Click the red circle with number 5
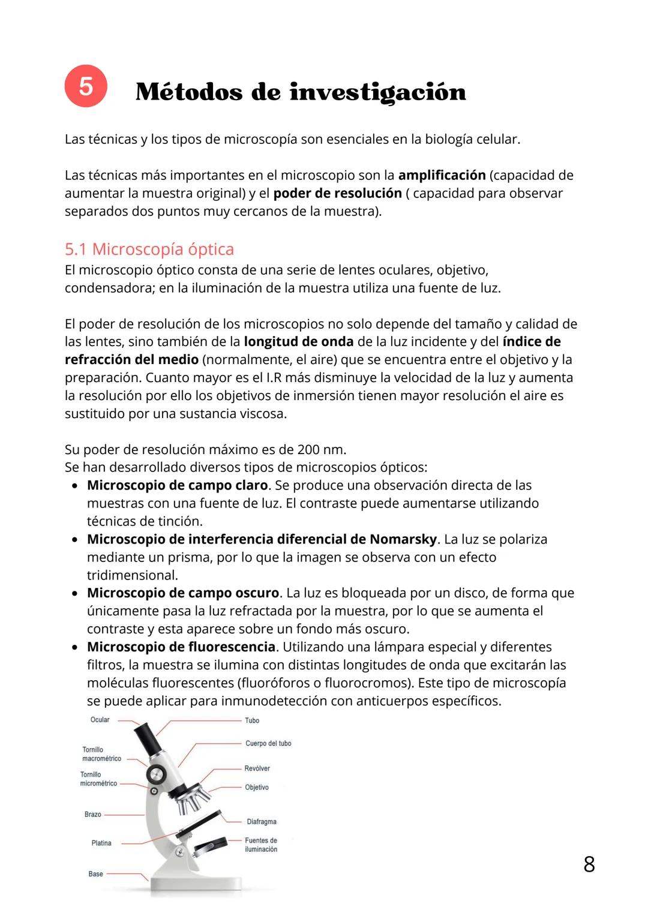[86, 86]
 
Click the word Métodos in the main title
[189, 92]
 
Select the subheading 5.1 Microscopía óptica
[149, 249]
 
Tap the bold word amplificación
[442, 175]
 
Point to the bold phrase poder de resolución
[337, 193]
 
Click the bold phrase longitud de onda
[298, 342]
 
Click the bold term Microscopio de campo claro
[177, 485]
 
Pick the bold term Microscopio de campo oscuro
[183, 593]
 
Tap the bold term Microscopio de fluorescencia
[181, 647]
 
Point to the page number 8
[589, 864]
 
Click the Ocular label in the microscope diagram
[100, 720]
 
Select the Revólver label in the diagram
[257, 768]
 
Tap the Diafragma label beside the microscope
[261, 822]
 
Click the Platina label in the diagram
[101, 843]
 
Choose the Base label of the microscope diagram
[95, 874]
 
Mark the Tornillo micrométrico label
[98, 779]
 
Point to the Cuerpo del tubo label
[268, 743]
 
